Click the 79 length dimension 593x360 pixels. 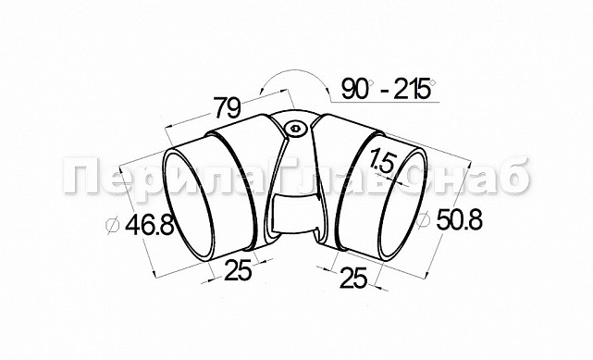point(228,107)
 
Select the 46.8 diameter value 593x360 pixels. point(149,225)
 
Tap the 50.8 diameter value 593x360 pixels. point(460,219)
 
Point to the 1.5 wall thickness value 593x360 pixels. point(382,161)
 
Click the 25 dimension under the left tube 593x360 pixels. point(238,270)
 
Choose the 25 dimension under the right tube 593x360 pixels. point(354,278)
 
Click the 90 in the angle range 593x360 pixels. point(354,89)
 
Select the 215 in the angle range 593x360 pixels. point(412,89)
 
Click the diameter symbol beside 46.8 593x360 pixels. point(112,226)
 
